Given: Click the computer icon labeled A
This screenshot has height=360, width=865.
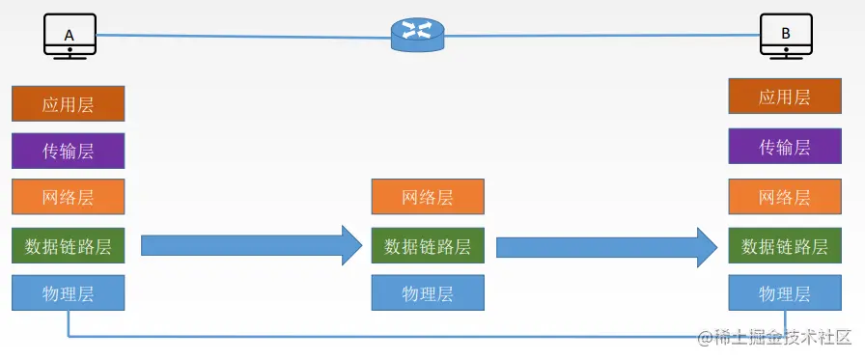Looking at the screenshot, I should pos(69,36).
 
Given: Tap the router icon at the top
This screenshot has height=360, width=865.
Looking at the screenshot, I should pos(417,35).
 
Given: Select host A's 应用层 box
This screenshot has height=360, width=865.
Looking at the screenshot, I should pos(68,104).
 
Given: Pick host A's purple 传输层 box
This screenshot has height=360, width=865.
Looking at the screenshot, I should pos(68,151).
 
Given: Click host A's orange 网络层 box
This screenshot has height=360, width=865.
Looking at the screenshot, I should pos(68,198).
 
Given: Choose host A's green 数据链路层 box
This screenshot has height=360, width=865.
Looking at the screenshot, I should pos(68,245).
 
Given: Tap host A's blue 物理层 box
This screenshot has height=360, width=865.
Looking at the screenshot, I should pos(68,292).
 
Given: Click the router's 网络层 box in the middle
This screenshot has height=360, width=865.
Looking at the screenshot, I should pos(427,198).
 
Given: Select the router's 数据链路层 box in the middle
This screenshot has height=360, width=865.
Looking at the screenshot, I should pos(427,245).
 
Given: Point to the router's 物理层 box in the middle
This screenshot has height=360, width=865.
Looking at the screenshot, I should pos(427,292).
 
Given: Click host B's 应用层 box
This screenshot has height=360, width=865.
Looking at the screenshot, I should pos(784,97).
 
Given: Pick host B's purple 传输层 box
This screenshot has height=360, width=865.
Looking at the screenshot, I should pos(784,147).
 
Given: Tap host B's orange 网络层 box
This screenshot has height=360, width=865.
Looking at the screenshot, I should pos(784,197).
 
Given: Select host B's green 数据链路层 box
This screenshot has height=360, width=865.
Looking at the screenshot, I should pos(784,245).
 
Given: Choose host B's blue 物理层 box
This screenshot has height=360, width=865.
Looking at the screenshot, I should pos(784,292).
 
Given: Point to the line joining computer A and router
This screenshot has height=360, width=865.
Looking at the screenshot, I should pos(241,37).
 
